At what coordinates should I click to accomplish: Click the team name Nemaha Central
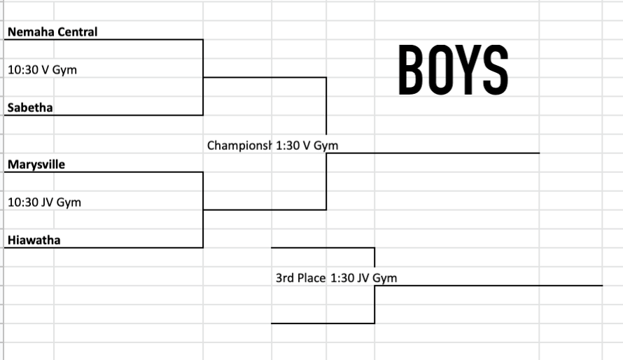point(52,32)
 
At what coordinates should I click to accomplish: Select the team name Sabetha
point(30,108)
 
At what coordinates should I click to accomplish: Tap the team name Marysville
point(36,165)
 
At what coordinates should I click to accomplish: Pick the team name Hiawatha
point(34,240)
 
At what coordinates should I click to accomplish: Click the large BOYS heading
point(454,70)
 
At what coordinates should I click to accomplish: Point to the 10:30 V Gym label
point(42,70)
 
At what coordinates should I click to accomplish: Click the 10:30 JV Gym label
point(45,202)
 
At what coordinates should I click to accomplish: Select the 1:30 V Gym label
point(307,146)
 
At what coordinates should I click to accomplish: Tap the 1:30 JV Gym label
point(363,278)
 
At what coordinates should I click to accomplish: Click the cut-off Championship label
point(239,146)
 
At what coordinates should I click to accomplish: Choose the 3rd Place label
point(301,278)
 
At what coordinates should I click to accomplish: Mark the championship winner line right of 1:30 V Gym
point(433,153)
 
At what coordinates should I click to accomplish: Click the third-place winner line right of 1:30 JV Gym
point(489,285)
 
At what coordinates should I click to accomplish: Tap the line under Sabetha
point(104,116)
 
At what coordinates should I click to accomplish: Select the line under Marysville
point(104,172)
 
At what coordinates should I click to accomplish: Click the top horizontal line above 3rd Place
point(323,247)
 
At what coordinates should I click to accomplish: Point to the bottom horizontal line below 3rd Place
point(323,324)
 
